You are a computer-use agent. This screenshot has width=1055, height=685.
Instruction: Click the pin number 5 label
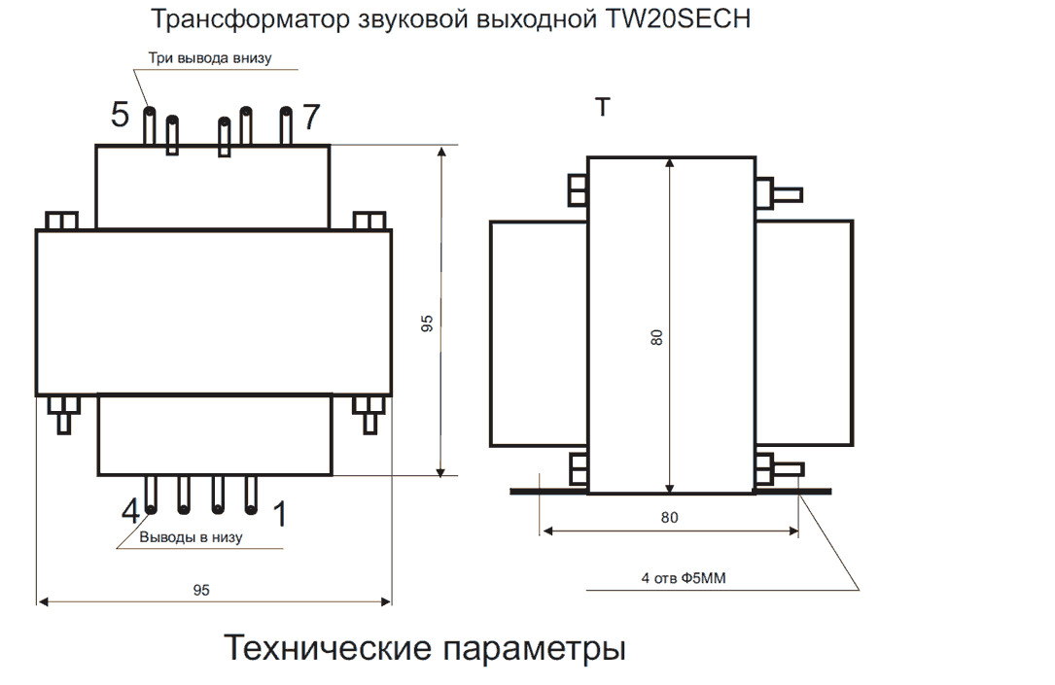pyautogui.click(x=120, y=116)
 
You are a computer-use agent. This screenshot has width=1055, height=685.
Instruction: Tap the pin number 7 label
pyautogui.click(x=311, y=118)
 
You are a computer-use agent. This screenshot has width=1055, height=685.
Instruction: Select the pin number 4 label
pyautogui.click(x=130, y=511)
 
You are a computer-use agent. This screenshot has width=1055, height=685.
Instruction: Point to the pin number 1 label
pyautogui.click(x=280, y=514)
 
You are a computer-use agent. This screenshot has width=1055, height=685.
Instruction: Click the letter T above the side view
pyautogui.click(x=603, y=107)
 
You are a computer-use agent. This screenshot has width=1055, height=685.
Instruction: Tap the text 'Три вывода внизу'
pyautogui.click(x=209, y=57)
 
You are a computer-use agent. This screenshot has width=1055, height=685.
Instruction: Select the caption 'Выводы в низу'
pyautogui.click(x=191, y=536)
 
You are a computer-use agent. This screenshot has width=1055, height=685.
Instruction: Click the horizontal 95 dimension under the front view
pyautogui.click(x=201, y=590)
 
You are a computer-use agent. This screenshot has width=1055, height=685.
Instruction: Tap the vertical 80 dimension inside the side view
pyautogui.click(x=657, y=338)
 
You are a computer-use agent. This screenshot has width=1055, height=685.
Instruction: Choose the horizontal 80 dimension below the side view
pyautogui.click(x=669, y=518)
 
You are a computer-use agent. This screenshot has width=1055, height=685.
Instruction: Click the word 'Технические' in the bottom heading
pyautogui.click(x=327, y=647)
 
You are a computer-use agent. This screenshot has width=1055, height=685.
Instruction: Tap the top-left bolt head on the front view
pyautogui.click(x=62, y=221)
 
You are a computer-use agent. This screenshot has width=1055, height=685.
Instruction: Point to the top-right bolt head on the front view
pyautogui.click(x=369, y=221)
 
